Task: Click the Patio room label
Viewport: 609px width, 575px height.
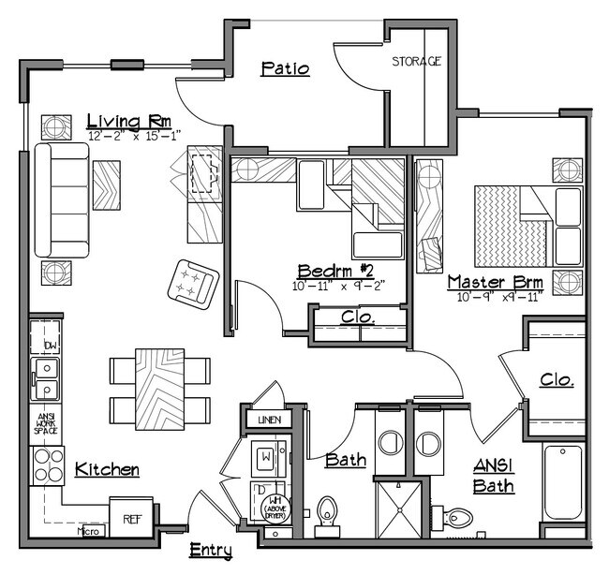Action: coord(285,68)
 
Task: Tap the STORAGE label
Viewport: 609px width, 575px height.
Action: coord(416,61)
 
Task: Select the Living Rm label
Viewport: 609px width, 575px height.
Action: coord(126,121)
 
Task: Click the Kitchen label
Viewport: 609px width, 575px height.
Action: coord(107,469)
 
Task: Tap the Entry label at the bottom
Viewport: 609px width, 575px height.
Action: coord(211,550)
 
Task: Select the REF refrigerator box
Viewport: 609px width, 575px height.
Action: coord(126,516)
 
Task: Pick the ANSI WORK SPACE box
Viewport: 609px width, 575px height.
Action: coord(47,422)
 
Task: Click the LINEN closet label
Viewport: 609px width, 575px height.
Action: coord(267,420)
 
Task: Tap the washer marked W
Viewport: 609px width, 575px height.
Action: coord(267,458)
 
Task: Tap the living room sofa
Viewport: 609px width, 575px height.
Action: coord(61,199)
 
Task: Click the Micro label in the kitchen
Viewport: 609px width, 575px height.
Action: coord(88,531)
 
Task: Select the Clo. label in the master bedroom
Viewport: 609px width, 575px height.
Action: coord(557,380)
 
